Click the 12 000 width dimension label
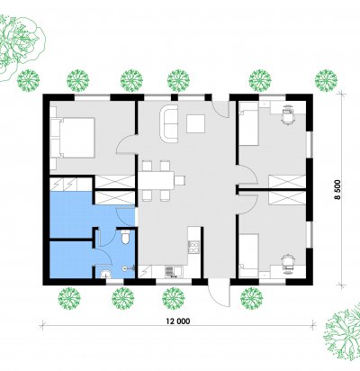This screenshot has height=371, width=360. (x=178, y=321)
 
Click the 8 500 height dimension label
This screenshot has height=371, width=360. (x=337, y=190)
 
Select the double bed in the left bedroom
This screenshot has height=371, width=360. (x=73, y=138)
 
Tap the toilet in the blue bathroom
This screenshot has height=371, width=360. (x=125, y=237)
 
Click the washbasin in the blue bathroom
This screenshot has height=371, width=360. (x=105, y=274)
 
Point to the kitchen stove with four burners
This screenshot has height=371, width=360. (x=193, y=248)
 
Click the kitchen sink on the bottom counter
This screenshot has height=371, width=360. (x=169, y=271)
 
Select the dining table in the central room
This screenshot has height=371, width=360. (x=156, y=180)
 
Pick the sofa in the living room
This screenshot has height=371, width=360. (x=169, y=123)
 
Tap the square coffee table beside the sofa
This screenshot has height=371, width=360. (x=195, y=123)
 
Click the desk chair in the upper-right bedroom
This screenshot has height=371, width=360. (x=288, y=114)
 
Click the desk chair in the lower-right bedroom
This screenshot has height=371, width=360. (x=288, y=263)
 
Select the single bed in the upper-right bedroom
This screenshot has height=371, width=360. (x=248, y=123)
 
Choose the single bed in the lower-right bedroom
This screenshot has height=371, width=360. (x=248, y=256)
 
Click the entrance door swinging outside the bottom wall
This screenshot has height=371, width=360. (x=220, y=295)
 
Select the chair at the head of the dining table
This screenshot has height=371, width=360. (x=179, y=180)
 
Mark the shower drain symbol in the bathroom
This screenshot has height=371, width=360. (x=124, y=267)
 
